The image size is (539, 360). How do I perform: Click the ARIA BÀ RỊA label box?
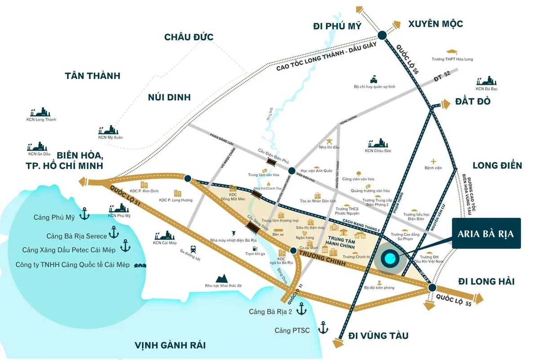click(x=486, y=234)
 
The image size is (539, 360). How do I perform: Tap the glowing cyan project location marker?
click(x=389, y=259)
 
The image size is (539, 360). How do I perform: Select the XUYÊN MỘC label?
click(x=435, y=24)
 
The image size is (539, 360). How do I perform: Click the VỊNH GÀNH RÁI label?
click(x=170, y=345)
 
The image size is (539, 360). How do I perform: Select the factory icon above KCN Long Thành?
click(x=41, y=112)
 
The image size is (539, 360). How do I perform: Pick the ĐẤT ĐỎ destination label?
click(x=473, y=102)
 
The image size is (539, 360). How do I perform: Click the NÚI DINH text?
click(x=169, y=97)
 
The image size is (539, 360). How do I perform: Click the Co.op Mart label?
click(x=309, y=248)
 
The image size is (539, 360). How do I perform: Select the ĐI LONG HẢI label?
click(x=486, y=281)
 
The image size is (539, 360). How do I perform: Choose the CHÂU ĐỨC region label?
click(x=189, y=37)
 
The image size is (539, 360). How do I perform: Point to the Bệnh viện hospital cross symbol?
click(x=433, y=161)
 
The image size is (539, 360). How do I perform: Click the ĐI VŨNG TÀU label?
click(x=379, y=335)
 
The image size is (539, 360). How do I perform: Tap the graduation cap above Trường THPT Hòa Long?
click(x=452, y=52)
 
